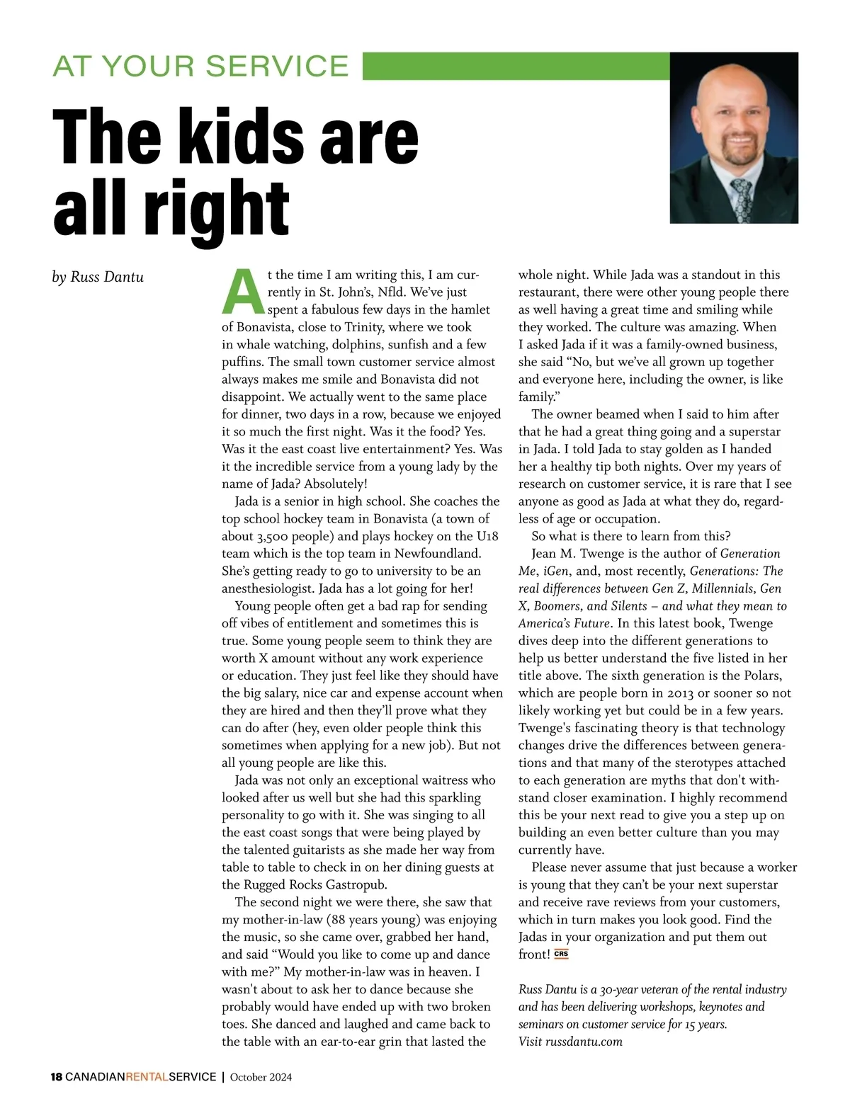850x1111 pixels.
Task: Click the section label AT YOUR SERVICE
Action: point(200,66)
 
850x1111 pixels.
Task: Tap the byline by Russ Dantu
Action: point(98,277)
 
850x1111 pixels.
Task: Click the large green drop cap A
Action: point(243,291)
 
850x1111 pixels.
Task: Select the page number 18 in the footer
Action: point(57,1077)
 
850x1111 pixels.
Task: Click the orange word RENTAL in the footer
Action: point(147,1077)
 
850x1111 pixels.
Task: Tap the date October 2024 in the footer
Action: point(261,1077)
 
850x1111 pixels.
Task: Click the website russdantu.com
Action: point(584,1041)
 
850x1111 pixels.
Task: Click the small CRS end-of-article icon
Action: point(561,954)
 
